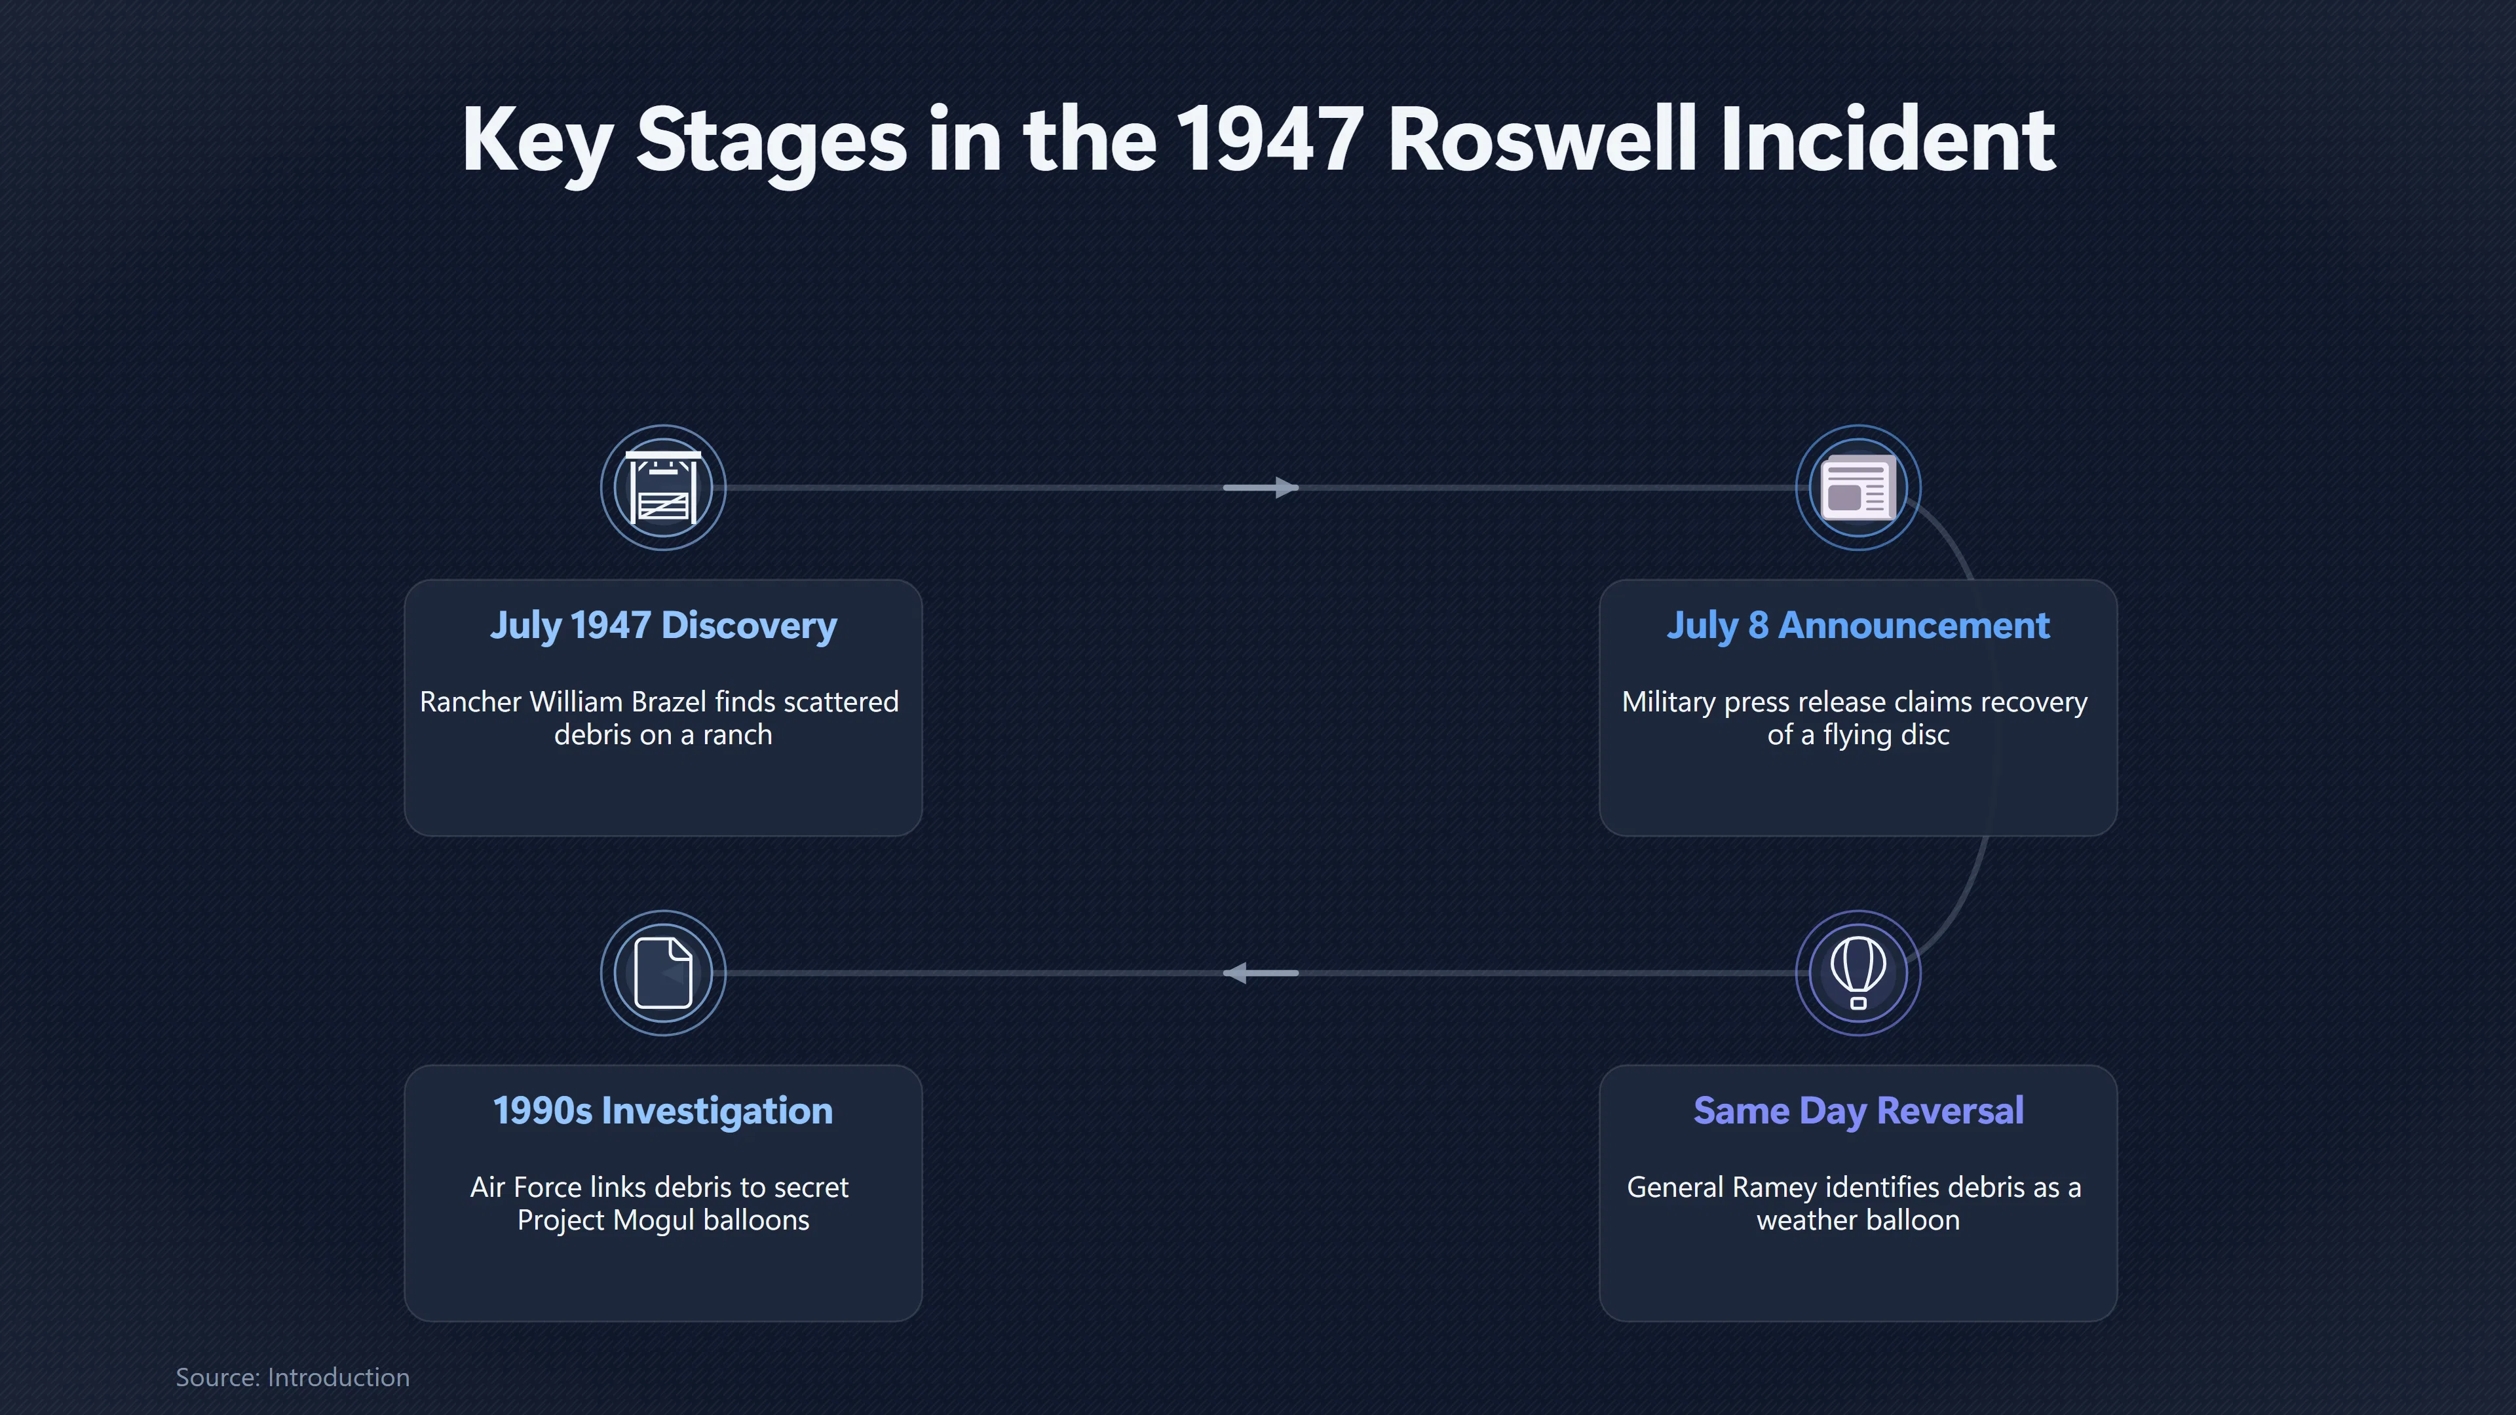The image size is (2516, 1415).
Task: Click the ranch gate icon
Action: tap(663, 487)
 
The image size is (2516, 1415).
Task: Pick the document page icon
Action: tap(663, 973)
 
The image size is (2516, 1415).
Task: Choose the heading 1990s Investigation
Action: tap(663, 1111)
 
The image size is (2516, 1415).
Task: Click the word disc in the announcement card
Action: tap(1926, 735)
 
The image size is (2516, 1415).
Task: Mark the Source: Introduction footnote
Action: tap(292, 1378)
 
